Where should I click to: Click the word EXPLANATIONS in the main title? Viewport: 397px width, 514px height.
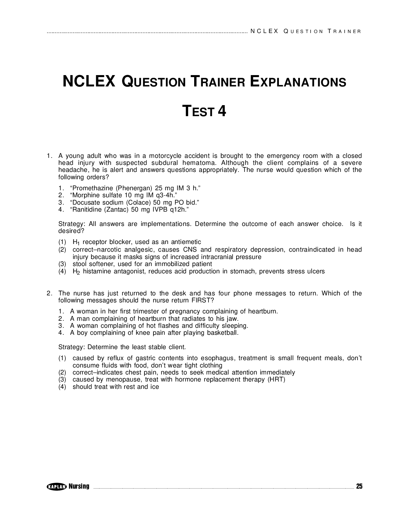(298, 82)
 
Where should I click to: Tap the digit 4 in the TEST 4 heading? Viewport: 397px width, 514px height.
(222, 111)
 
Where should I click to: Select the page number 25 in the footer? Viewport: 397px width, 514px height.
(359, 486)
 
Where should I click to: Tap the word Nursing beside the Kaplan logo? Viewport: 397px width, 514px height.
(79, 486)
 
